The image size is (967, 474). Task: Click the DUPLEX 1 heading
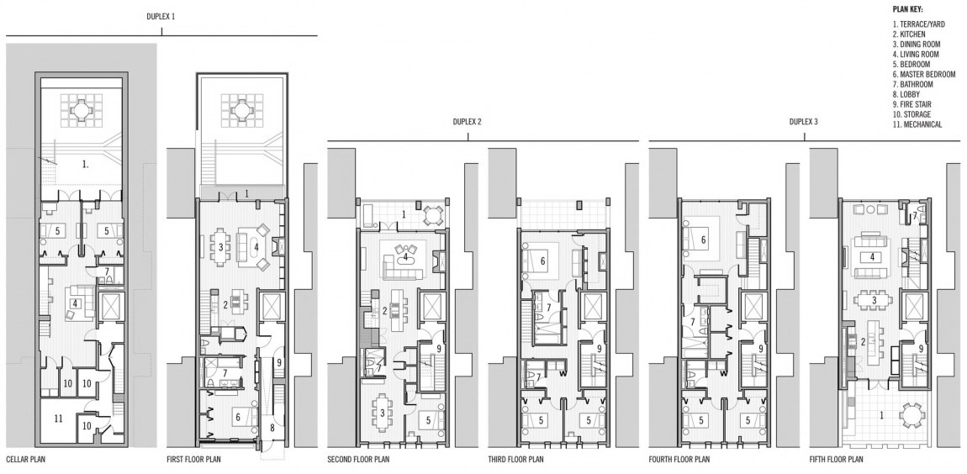click(x=161, y=17)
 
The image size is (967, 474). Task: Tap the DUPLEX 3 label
click(x=804, y=122)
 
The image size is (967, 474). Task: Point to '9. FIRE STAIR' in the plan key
click(x=912, y=104)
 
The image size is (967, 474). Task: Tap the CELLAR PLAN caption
click(x=25, y=459)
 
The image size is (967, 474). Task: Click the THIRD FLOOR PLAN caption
click(x=515, y=459)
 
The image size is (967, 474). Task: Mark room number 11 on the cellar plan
click(x=58, y=419)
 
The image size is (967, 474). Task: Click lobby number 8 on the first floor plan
click(x=272, y=427)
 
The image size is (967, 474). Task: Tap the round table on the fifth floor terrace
click(x=912, y=415)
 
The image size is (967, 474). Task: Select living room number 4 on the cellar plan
click(x=75, y=303)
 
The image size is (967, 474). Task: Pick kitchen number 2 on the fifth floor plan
click(x=863, y=341)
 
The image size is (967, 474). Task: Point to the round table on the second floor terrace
click(x=434, y=215)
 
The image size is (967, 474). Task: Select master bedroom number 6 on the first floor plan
click(x=237, y=418)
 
